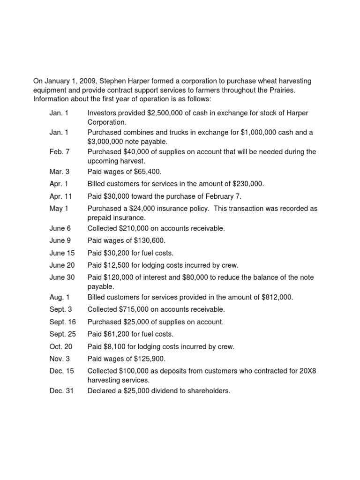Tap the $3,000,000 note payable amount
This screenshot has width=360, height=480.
pyautogui.click(x=106, y=141)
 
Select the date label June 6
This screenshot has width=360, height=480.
pyautogui.click(x=60, y=228)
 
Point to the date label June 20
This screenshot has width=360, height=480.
pyautogui.click(x=62, y=265)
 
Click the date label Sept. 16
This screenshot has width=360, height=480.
pyautogui.click(x=62, y=322)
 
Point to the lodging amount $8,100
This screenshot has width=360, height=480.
pyautogui.click(x=114, y=347)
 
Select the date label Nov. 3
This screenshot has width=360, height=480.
pyautogui.click(x=60, y=359)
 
